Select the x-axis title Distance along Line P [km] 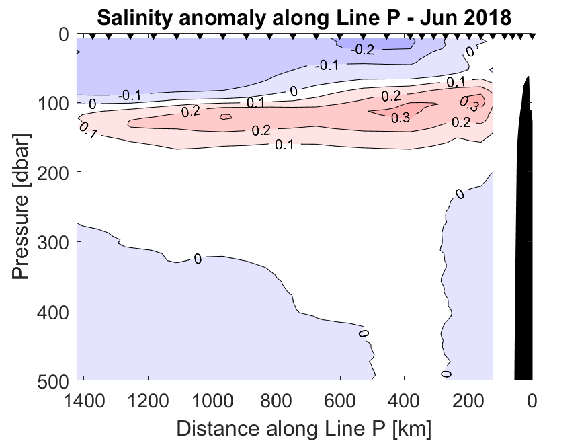[304, 428]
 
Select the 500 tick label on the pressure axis [54, 380]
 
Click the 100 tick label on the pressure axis [54, 103]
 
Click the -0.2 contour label [364, 49]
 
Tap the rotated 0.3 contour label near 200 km [468, 104]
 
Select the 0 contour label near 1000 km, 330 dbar [198, 258]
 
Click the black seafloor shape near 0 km [523, 235]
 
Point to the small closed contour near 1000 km [225, 116]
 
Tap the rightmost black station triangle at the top [532, 37]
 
